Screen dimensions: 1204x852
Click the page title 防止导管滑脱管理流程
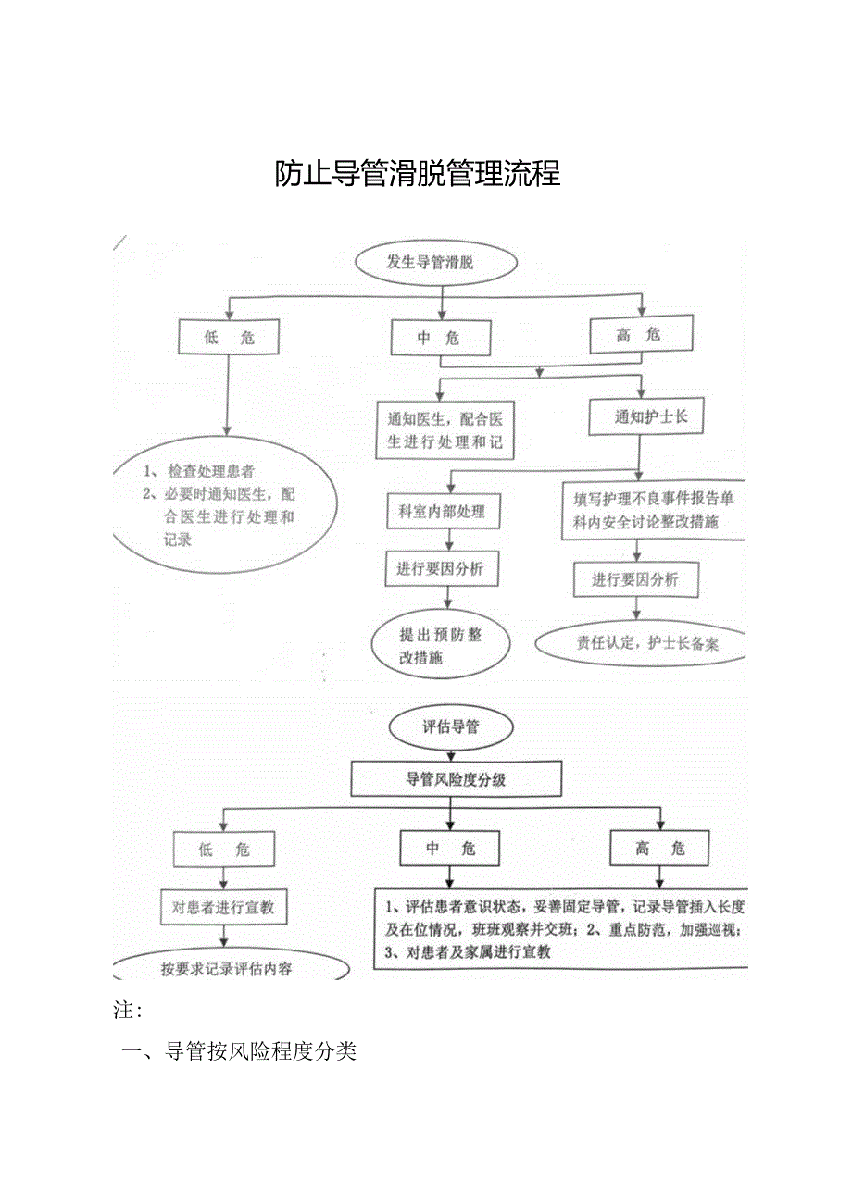coord(418,173)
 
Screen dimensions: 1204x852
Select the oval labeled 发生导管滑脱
coord(430,263)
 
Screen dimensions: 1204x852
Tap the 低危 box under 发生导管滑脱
coord(229,338)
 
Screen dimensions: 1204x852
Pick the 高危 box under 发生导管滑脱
coord(641,335)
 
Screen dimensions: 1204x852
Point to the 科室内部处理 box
coord(443,511)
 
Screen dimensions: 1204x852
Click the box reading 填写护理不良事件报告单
coord(653,510)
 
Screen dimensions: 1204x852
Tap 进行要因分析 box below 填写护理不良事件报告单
coord(635,580)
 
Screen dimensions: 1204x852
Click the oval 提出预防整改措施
coord(440,646)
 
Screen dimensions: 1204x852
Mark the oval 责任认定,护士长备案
coord(641,643)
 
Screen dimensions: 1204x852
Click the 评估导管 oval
coord(449,727)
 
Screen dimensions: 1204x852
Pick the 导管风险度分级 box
coord(456,779)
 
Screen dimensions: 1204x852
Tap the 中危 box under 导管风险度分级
coord(449,848)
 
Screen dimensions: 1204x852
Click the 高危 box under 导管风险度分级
coord(659,848)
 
